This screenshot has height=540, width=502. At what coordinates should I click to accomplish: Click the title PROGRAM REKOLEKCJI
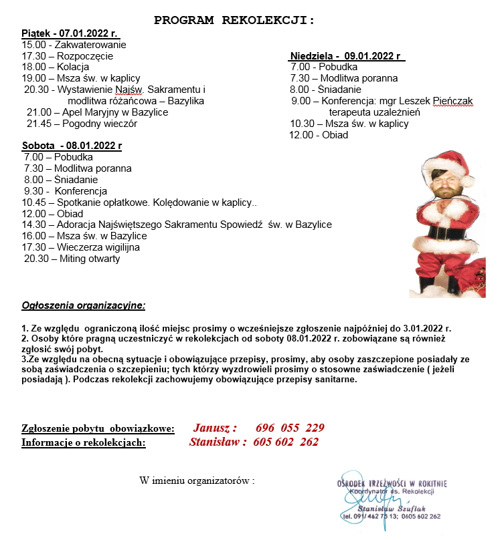[234, 20]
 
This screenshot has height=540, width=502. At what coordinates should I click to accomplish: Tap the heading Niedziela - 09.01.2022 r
[347, 55]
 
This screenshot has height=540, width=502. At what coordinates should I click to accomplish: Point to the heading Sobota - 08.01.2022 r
[72, 145]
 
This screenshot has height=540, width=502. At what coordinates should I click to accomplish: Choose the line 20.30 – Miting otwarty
[72, 259]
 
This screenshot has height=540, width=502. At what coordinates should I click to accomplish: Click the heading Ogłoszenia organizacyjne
[83, 305]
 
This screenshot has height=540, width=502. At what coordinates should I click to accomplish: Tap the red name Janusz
[215, 428]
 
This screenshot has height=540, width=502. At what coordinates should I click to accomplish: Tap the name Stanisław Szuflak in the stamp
[393, 508]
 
